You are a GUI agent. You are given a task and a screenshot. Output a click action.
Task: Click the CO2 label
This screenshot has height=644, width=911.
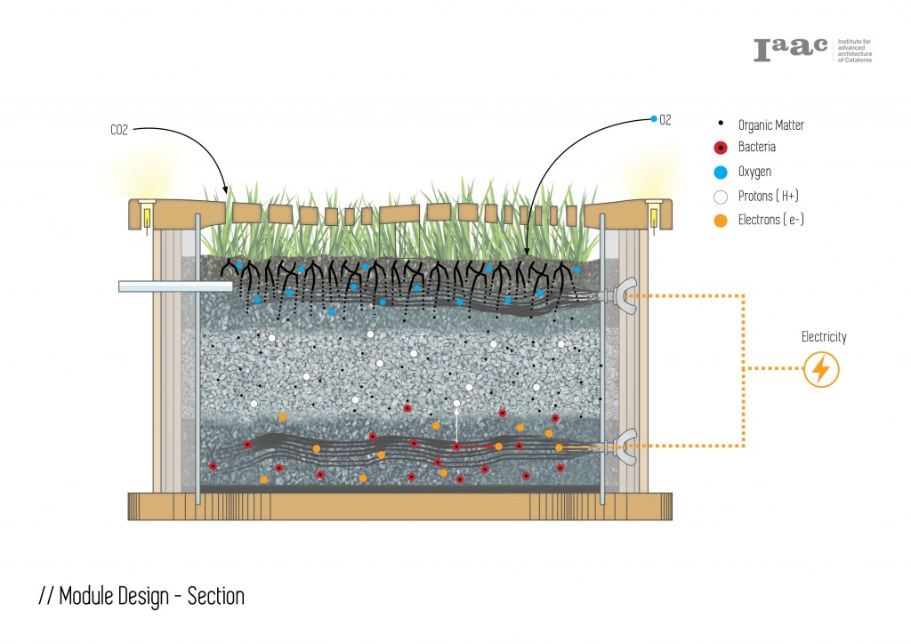coord(120,130)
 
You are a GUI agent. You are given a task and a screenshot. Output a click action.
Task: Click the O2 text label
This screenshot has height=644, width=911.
coord(665,119)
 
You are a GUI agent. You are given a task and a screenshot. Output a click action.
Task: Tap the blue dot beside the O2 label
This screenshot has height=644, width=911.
coord(654,119)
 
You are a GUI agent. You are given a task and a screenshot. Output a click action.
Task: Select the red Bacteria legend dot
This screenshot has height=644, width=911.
coord(722,148)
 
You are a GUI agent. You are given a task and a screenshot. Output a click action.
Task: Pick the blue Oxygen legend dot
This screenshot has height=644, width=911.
coord(722,172)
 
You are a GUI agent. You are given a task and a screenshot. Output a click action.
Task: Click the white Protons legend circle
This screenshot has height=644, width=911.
coord(722,196)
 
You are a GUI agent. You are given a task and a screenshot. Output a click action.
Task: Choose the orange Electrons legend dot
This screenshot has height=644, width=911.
coord(722,220)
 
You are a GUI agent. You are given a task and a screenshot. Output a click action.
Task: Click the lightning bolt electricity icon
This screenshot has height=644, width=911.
coord(821,369)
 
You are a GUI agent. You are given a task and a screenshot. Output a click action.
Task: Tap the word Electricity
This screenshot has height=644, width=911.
coord(823,337)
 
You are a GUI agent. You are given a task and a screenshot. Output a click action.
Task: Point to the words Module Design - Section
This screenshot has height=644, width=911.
coord(141,596)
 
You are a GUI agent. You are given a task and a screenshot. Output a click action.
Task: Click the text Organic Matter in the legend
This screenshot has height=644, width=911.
coord(770,125)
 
